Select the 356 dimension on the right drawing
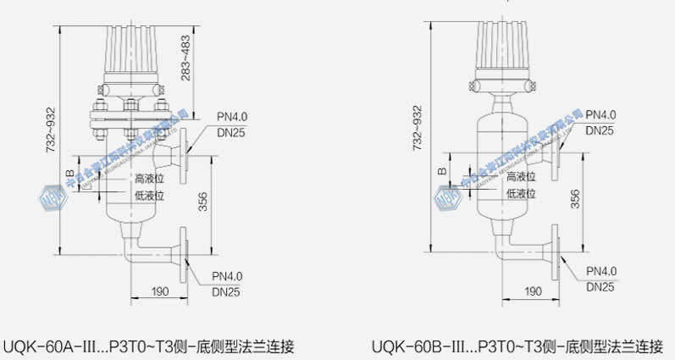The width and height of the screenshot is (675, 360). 575,198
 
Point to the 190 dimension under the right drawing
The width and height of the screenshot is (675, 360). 533,291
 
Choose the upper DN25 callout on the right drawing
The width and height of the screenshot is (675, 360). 600,130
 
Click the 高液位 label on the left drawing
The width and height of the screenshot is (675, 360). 148,179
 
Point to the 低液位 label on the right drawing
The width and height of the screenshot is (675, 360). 522,194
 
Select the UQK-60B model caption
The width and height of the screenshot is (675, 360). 517,346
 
